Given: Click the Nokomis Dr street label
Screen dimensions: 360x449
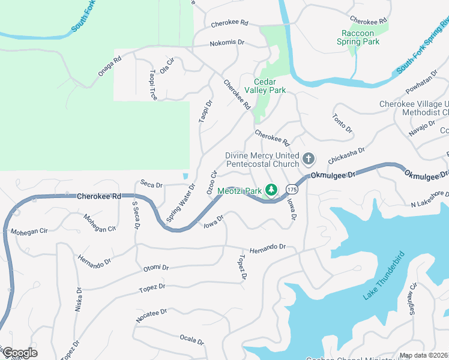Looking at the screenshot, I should pos(227,43).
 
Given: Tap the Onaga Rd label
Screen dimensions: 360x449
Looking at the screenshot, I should pos(110,67).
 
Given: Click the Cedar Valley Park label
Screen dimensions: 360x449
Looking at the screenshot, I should pos(268,86).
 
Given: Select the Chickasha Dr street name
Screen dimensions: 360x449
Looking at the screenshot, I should pos(346,157).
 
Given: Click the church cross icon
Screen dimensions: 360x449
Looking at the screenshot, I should pos(309,159).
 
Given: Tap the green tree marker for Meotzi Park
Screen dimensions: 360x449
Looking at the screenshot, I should pos(271,190).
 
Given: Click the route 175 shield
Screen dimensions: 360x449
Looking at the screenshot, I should pos(292,190).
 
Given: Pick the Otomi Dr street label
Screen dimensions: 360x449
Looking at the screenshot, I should pos(156,268).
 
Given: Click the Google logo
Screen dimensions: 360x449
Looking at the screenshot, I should pos(20,353).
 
